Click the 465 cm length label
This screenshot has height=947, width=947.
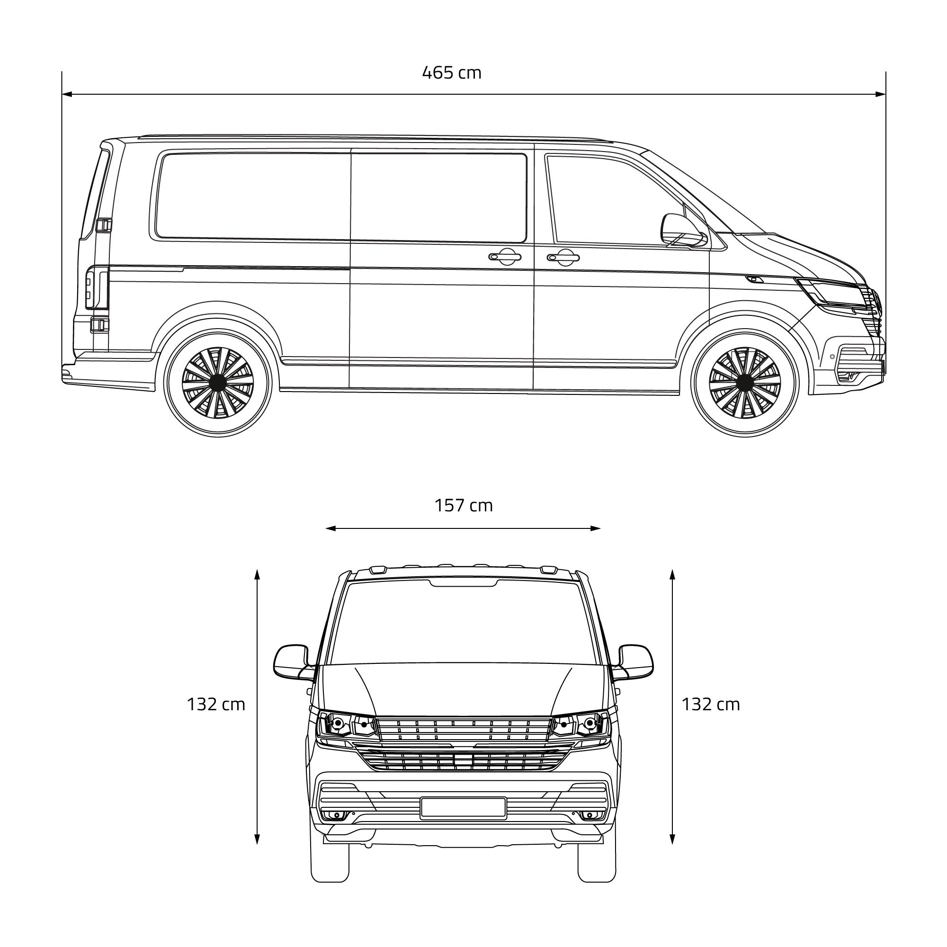click(x=451, y=72)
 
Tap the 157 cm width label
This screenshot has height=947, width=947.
click(x=464, y=505)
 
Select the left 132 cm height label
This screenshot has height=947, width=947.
click(x=215, y=705)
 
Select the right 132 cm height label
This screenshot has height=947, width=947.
click(x=711, y=705)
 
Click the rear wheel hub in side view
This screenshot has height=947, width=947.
click(x=218, y=382)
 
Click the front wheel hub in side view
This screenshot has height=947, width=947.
click(x=744, y=382)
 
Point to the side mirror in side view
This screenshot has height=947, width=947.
click(x=683, y=231)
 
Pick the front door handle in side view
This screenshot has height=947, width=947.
click(x=563, y=257)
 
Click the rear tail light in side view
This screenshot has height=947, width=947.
click(x=97, y=288)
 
